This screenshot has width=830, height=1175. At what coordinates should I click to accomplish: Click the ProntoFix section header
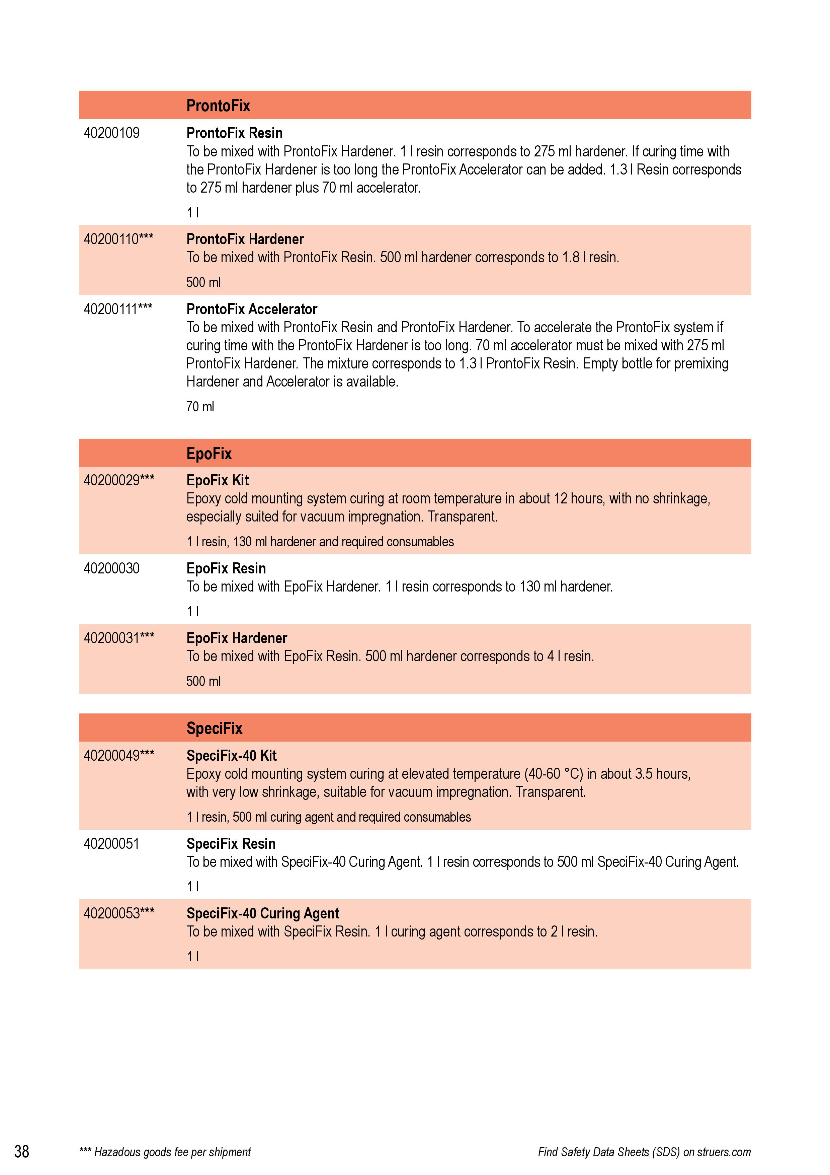point(218,106)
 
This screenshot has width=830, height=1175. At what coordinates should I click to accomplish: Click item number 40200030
point(111,568)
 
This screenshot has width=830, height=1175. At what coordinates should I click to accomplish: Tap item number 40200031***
point(119,638)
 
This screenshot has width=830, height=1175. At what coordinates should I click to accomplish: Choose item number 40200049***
point(119,755)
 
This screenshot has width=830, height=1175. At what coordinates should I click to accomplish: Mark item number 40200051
point(111,843)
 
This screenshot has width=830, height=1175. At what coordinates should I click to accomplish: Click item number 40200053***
point(119,913)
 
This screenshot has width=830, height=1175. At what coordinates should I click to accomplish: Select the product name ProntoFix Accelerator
point(252,309)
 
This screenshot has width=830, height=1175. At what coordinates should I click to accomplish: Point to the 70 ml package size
point(200,407)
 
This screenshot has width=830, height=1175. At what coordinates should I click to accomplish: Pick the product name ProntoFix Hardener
point(245,239)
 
